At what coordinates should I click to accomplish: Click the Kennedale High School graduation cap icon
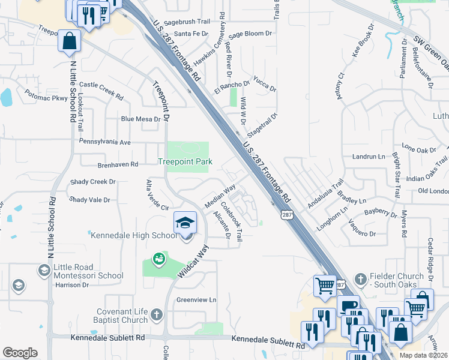point(185,223)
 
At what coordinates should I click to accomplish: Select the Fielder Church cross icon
point(360,278)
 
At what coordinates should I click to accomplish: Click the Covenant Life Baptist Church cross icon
point(156,314)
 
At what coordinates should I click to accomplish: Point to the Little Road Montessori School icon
point(43,271)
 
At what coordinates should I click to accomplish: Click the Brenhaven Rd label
point(118,164)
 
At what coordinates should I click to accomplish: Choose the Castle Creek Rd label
point(101,91)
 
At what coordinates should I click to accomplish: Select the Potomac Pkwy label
point(46,95)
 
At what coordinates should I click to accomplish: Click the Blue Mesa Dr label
point(140,119)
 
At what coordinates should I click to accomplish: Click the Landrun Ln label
point(368,157)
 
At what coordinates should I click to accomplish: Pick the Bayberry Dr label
point(381,212)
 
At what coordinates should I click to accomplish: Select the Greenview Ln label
point(196,299)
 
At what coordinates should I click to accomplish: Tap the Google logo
point(20,353)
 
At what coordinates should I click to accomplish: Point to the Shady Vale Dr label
point(90,200)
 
